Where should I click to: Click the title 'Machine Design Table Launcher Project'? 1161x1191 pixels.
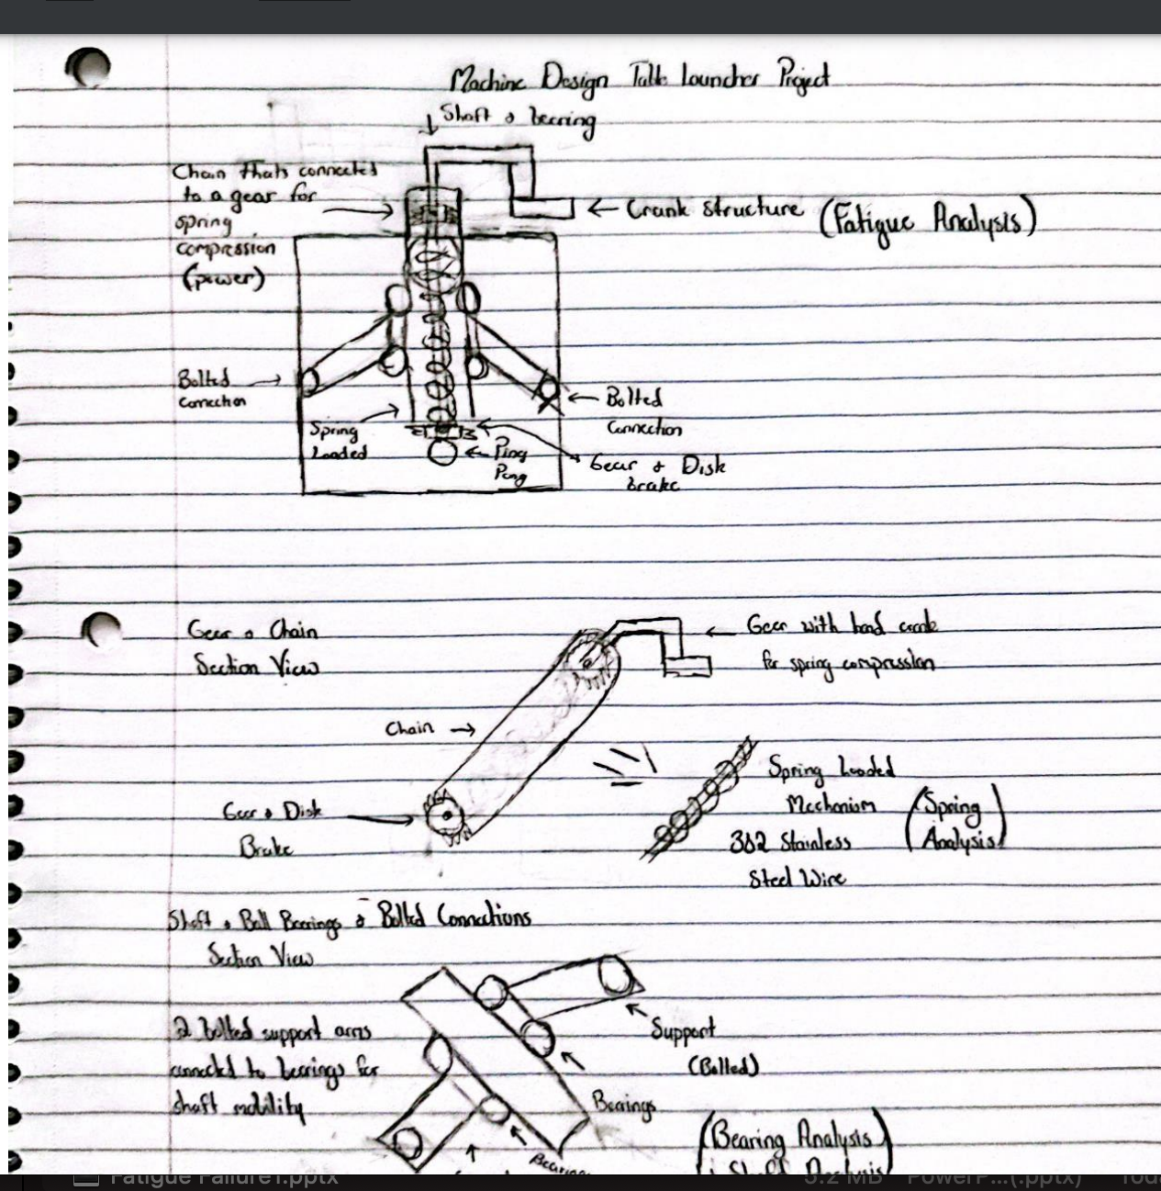(x=640, y=81)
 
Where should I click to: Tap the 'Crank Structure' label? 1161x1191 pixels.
(x=713, y=209)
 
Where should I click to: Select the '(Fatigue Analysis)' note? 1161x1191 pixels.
(x=927, y=220)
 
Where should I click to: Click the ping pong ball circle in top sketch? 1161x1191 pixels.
(x=442, y=453)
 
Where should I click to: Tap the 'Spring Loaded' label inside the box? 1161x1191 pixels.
(x=338, y=441)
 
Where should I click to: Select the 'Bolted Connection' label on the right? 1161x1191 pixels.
(x=642, y=413)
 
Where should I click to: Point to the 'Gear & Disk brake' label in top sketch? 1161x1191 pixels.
(x=656, y=473)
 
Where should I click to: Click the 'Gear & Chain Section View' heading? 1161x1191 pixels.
(x=254, y=648)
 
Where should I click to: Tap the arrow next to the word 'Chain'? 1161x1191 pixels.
(x=462, y=730)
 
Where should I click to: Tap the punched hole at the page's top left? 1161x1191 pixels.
(x=89, y=66)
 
